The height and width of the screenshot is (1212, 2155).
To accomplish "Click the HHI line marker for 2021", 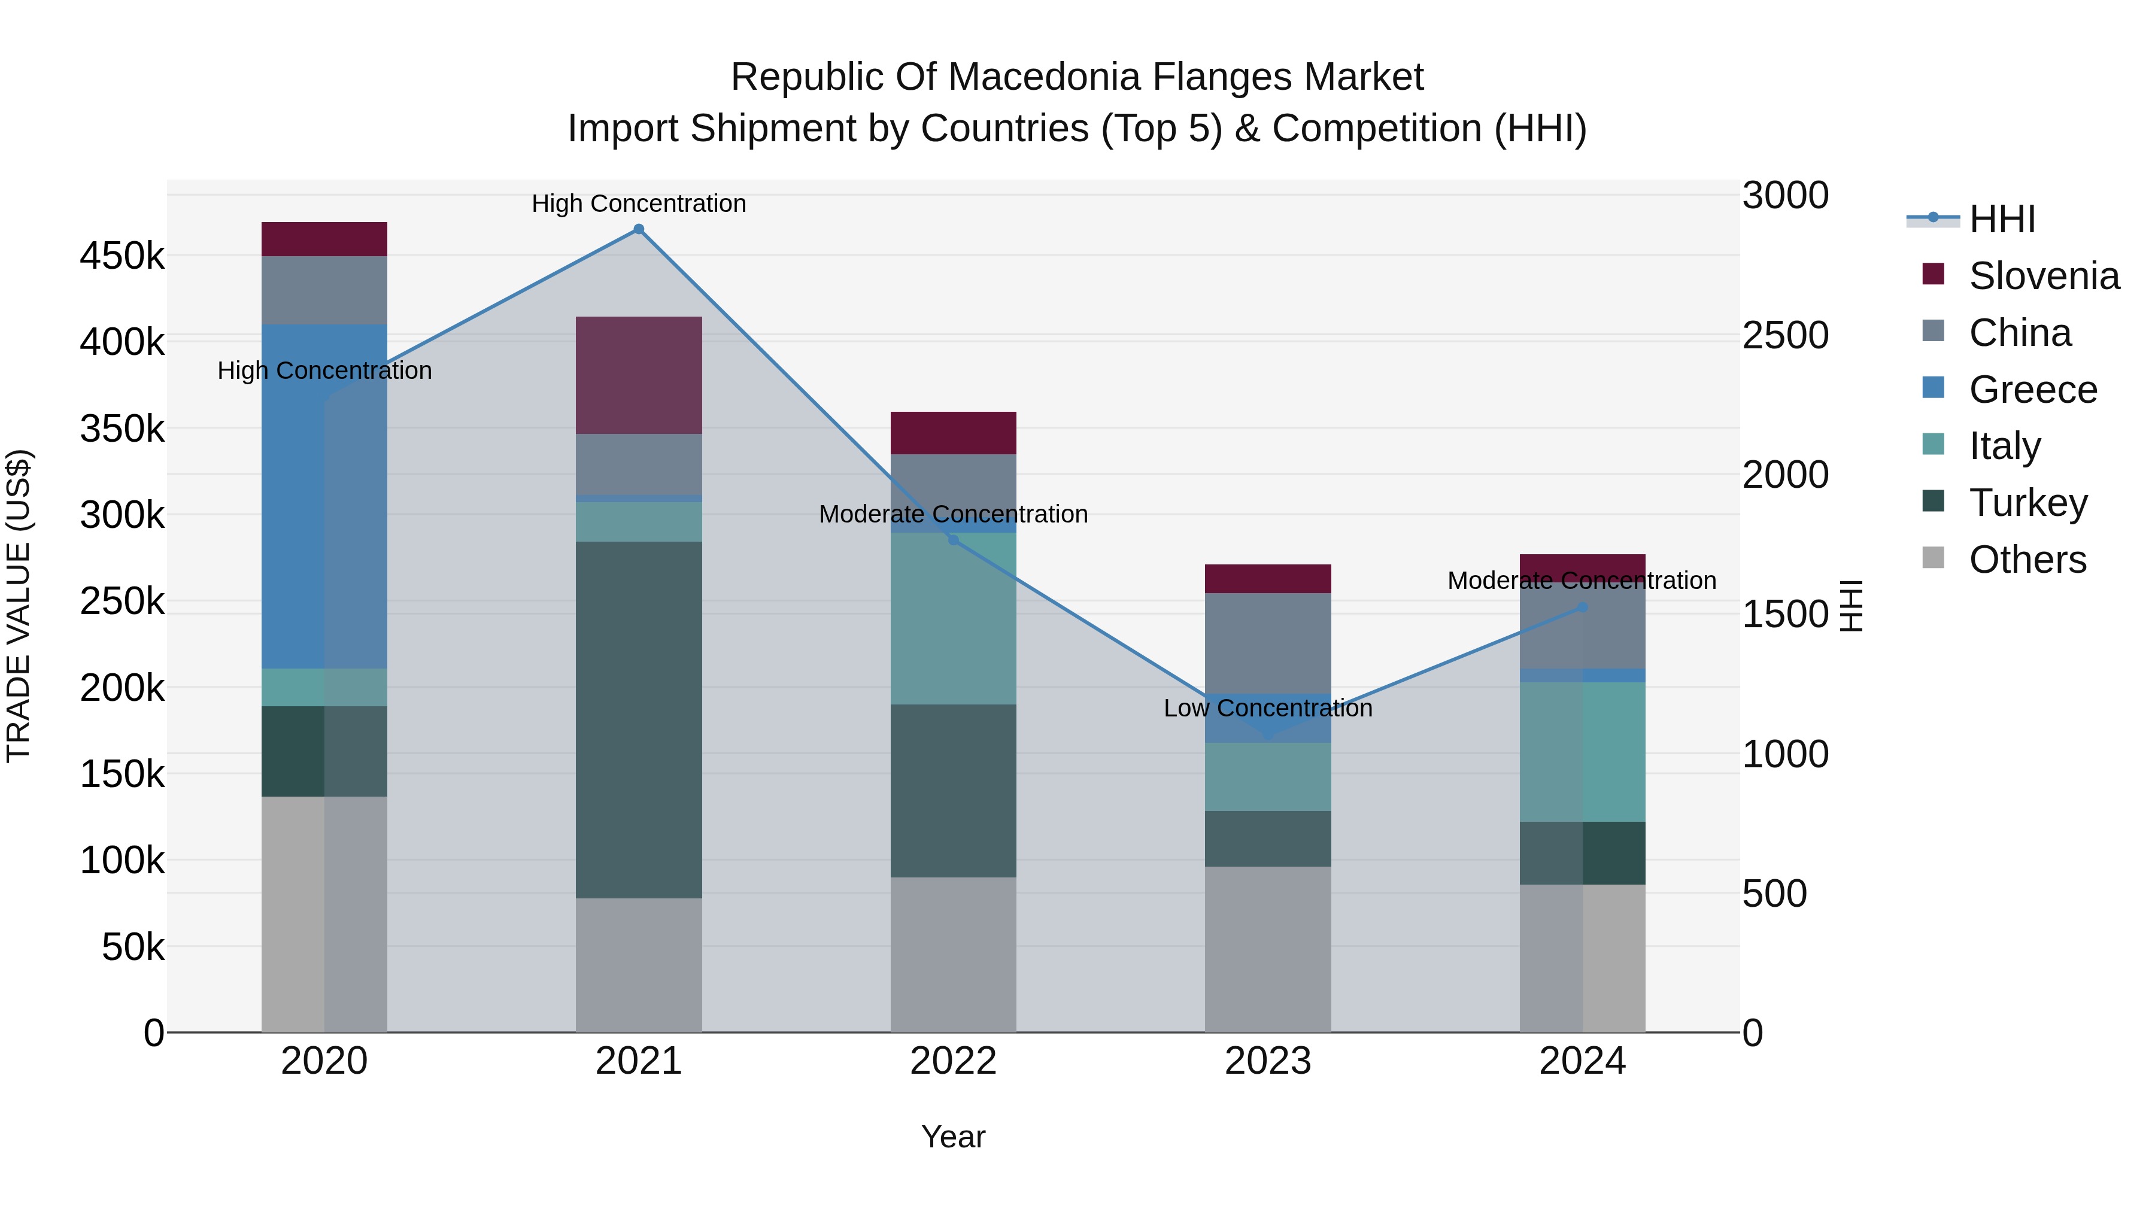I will [x=638, y=229].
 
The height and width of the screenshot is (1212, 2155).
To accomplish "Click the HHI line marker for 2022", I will [x=953, y=539].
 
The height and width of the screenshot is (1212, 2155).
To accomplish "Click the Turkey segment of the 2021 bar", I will [x=638, y=719].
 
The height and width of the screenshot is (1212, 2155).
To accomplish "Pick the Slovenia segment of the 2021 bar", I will [x=638, y=375].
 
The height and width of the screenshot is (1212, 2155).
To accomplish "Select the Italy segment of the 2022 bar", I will [x=953, y=619].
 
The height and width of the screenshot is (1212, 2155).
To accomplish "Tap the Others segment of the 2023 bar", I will [x=1267, y=949].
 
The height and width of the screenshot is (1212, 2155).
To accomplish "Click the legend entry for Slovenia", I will [x=2043, y=276].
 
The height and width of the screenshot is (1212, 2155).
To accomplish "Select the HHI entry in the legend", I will [x=2001, y=219].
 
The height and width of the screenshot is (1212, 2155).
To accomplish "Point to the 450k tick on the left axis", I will [x=122, y=256].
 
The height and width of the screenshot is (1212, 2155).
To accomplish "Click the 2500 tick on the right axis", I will [x=1785, y=335].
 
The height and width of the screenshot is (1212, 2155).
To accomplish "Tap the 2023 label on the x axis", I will [x=1267, y=1061].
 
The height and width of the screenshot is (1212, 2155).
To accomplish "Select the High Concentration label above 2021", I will [x=638, y=203].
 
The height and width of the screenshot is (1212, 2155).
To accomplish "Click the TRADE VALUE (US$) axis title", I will [x=19, y=606].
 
